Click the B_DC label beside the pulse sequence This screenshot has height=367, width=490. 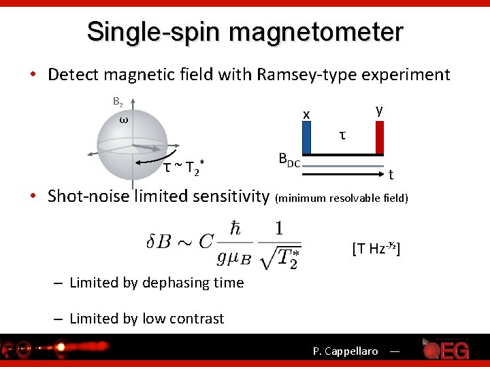pyautogui.click(x=289, y=160)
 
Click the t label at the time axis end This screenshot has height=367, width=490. pyautogui.click(x=391, y=175)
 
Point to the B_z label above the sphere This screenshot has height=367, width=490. pyautogui.click(x=118, y=102)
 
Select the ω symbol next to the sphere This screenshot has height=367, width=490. pyautogui.click(x=123, y=120)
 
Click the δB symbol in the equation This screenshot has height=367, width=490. pyautogui.click(x=161, y=241)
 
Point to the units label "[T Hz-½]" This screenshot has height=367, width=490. pyautogui.click(x=376, y=249)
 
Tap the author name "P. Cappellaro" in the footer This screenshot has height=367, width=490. pyautogui.click(x=345, y=351)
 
